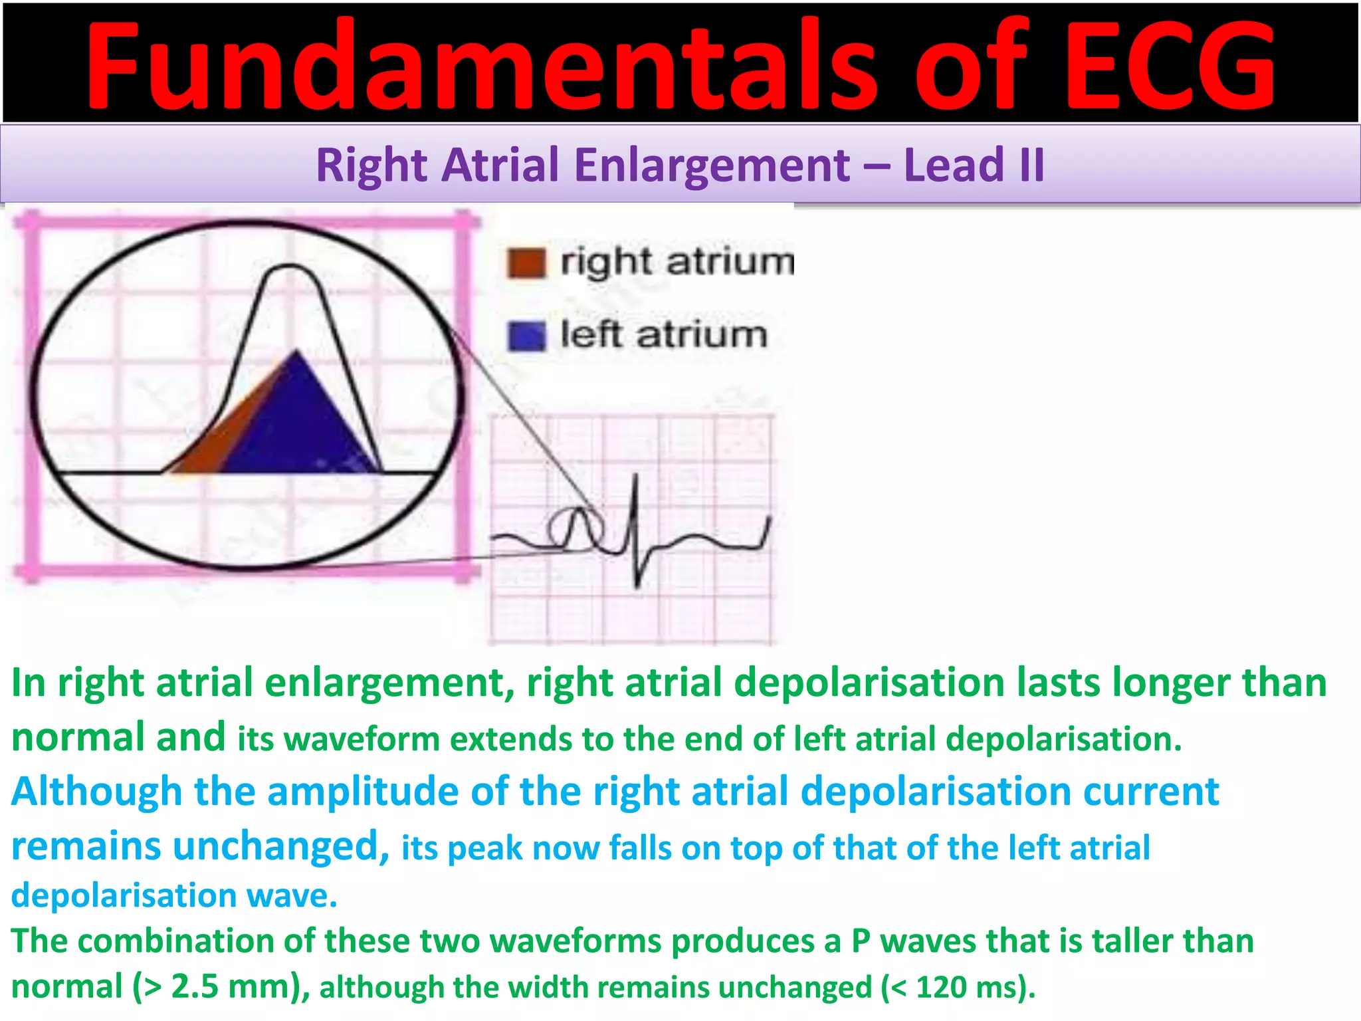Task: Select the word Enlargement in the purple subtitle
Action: click(x=712, y=165)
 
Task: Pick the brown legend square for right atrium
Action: click(x=526, y=263)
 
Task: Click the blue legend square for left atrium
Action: click(x=526, y=336)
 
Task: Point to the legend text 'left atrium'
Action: click(x=663, y=334)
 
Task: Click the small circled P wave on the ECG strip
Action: click(x=576, y=528)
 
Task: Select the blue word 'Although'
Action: click(x=96, y=792)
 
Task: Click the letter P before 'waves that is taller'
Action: click(x=861, y=941)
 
